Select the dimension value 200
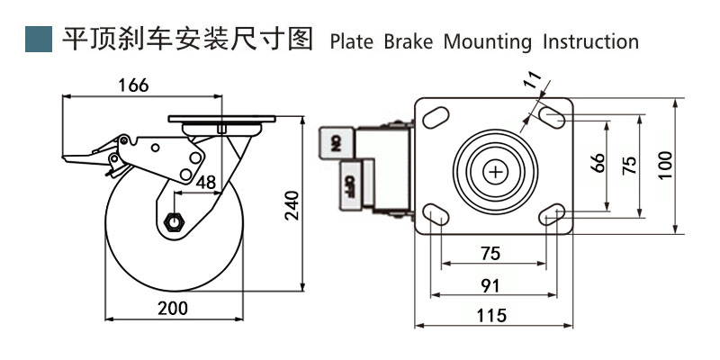coord(172,308)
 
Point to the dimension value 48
coord(205,182)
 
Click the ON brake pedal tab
coord(335,141)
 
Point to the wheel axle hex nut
coord(174,220)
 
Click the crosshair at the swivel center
coord(496,170)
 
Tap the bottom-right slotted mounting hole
coord(553,214)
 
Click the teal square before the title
coord(38,40)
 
